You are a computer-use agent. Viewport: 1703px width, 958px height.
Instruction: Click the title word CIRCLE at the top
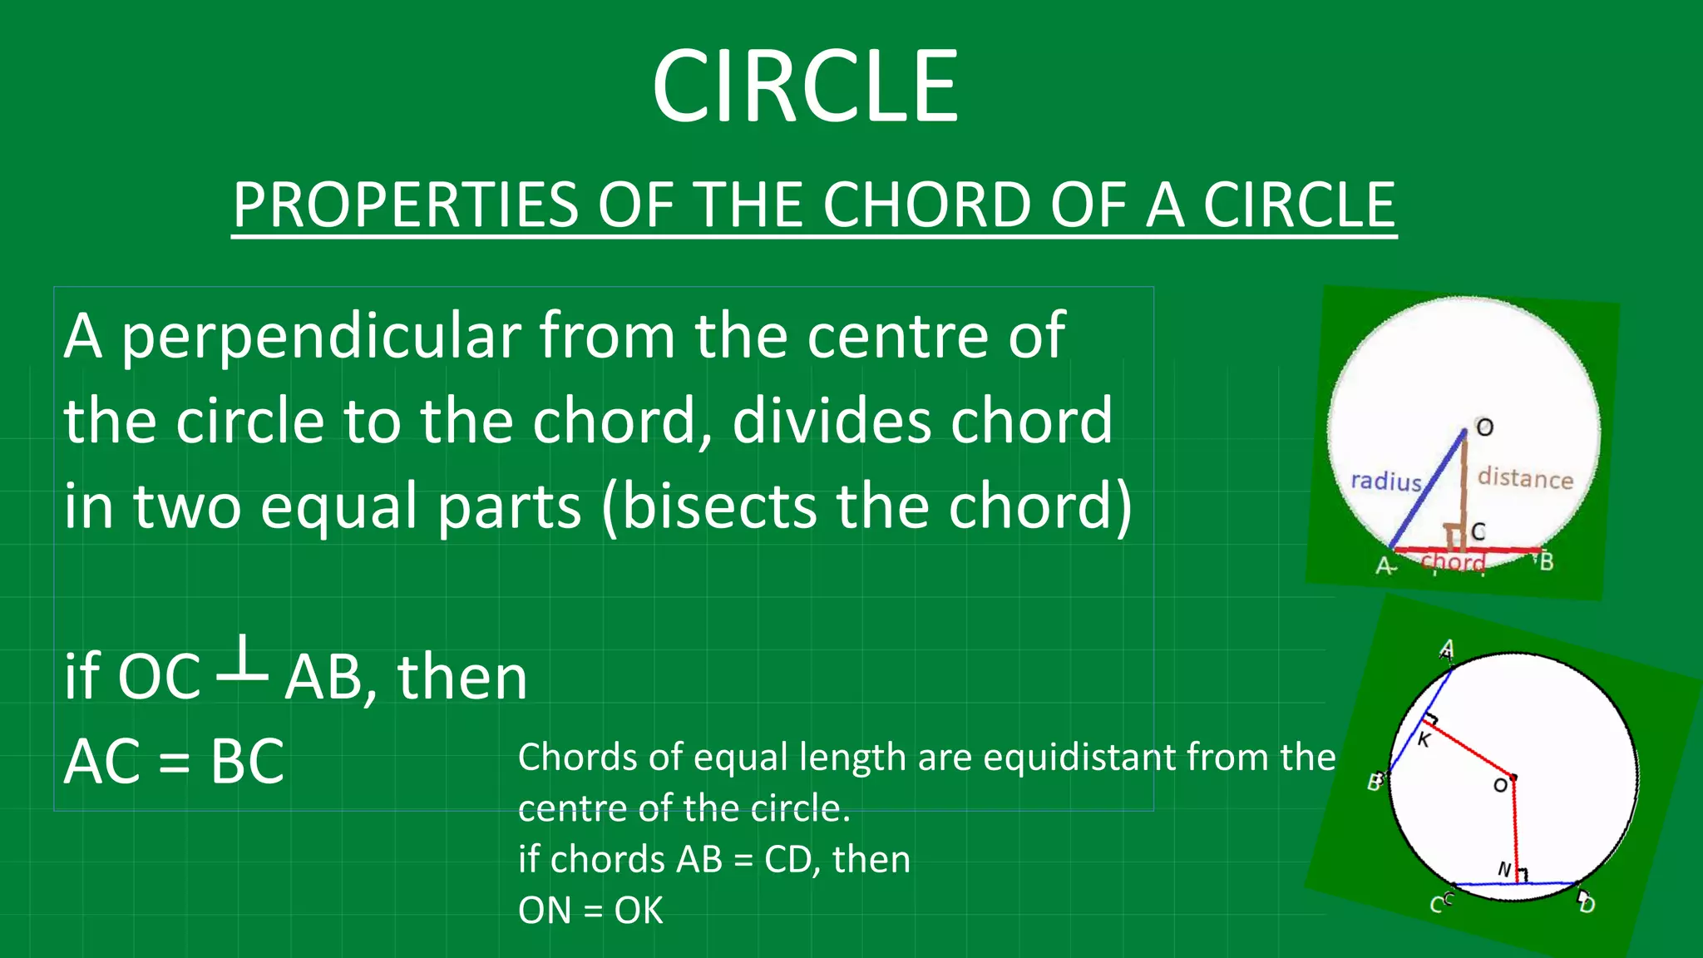click(x=805, y=86)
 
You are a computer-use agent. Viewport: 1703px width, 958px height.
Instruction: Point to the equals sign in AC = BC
click(x=175, y=763)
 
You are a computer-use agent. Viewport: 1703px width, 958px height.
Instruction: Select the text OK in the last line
click(x=639, y=911)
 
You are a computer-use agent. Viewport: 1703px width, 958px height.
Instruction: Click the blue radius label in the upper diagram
click(x=1385, y=481)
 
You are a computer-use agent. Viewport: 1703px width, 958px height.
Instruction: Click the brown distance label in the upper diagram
click(x=1525, y=478)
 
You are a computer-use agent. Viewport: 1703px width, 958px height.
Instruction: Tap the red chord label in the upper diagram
click(x=1453, y=562)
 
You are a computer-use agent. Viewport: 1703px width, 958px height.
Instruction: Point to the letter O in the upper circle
click(x=1484, y=427)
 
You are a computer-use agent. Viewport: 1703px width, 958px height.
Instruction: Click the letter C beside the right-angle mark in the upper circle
click(x=1478, y=531)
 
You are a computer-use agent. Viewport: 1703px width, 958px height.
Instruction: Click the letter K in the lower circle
click(x=1424, y=739)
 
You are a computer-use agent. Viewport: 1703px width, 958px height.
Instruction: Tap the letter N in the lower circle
click(x=1503, y=869)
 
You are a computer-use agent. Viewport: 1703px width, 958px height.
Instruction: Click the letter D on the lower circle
click(x=1587, y=904)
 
